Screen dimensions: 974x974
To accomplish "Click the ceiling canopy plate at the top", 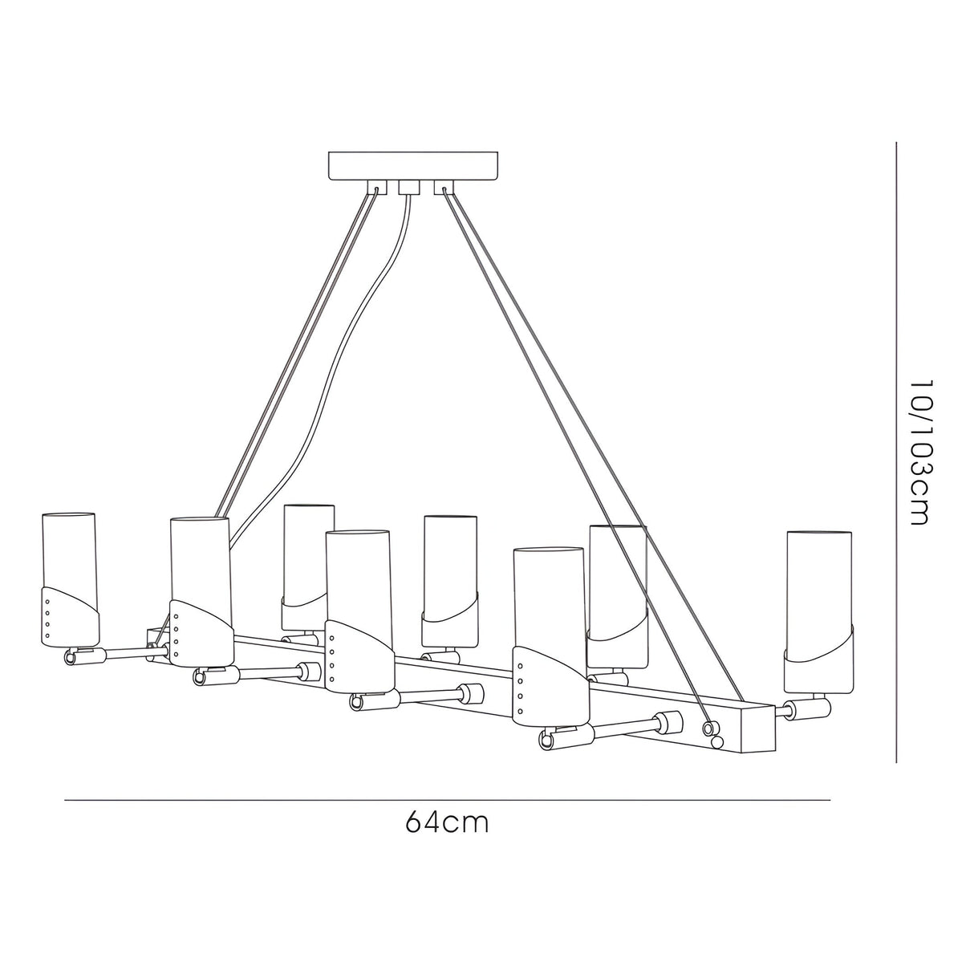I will tap(414, 165).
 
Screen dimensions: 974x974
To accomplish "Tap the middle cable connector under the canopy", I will tap(409, 189).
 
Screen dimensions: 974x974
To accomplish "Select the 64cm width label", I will tap(447, 822).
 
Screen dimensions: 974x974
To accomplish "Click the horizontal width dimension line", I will tap(447, 800).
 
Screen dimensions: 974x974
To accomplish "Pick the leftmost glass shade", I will tap(69, 554).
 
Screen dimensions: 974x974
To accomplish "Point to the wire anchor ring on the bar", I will tap(708, 728).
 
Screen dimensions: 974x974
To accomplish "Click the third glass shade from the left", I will tap(308, 554).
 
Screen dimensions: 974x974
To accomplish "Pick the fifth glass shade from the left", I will tap(451, 562).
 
